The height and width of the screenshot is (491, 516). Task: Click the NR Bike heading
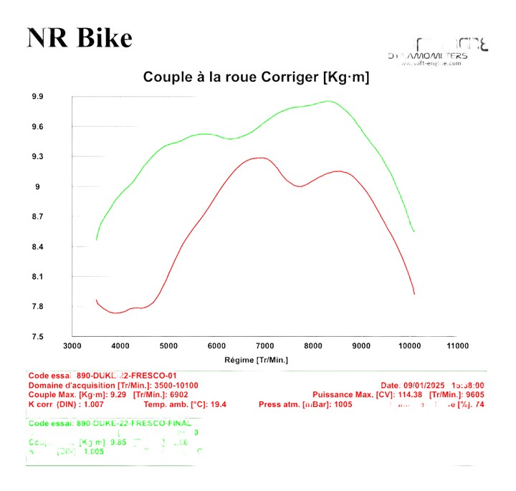[x=80, y=38]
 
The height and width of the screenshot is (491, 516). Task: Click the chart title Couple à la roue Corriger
[x=256, y=77]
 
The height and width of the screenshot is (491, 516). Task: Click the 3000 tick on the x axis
[x=72, y=346]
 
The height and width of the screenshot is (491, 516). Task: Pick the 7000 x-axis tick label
[x=264, y=346]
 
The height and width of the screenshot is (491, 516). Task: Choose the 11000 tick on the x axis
[x=457, y=346]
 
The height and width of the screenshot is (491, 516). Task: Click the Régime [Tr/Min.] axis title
[x=256, y=360]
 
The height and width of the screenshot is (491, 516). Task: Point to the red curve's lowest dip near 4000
[x=115, y=313]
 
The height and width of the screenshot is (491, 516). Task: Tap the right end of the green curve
[x=414, y=232]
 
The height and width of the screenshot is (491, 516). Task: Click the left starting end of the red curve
[x=96, y=300]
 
